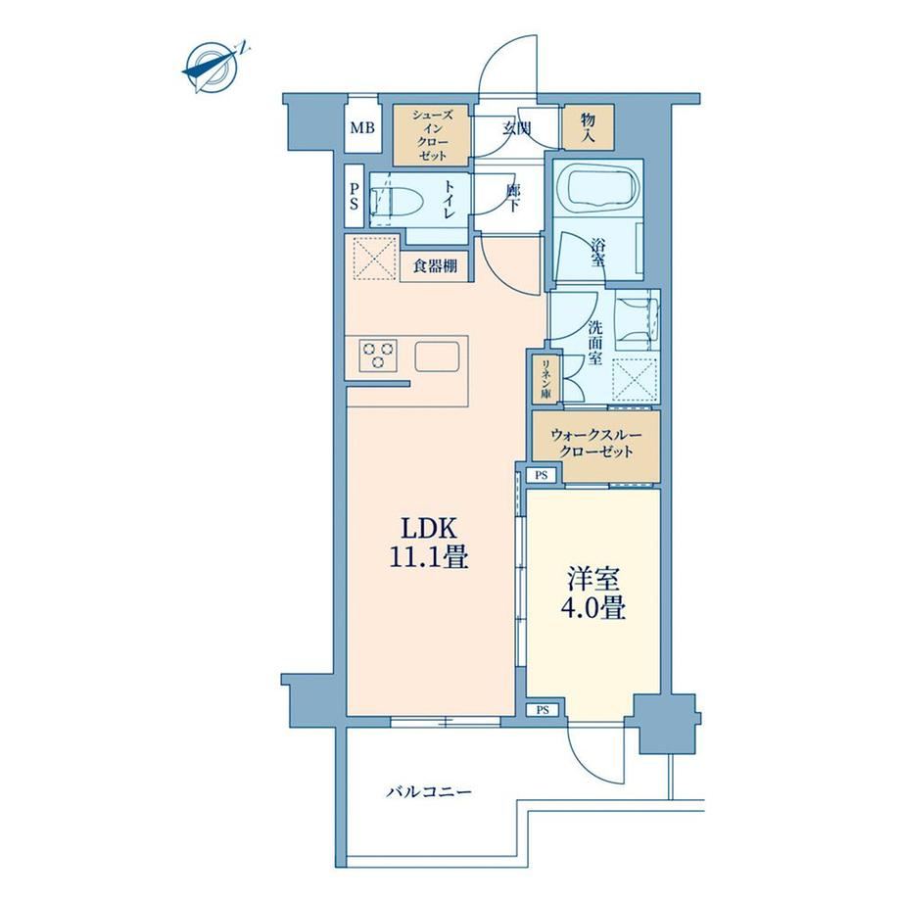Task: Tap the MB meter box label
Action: (362, 127)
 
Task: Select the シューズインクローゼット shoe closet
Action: (432, 135)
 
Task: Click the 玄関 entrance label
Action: (516, 128)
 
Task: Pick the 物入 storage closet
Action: (589, 127)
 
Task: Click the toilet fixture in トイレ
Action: (398, 203)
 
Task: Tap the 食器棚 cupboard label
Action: (436, 266)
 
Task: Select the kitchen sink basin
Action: (438, 356)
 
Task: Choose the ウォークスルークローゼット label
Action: (595, 443)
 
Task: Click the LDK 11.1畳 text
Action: (429, 543)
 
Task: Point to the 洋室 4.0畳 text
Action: (593, 594)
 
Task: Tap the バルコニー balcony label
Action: (429, 793)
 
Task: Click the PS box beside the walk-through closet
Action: (542, 475)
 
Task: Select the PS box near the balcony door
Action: (543, 710)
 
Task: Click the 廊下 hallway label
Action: (513, 197)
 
